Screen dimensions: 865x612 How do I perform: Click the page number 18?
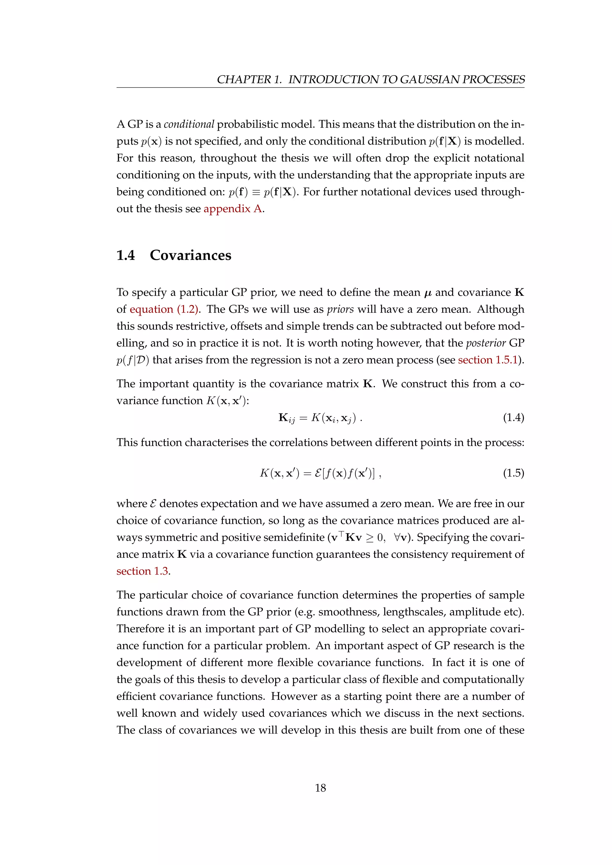(320, 788)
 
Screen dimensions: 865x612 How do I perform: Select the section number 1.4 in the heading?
(126, 255)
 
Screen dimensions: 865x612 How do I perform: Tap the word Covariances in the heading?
(190, 255)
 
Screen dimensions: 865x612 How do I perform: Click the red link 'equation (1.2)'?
(164, 309)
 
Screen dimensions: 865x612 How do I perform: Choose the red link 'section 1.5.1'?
(488, 360)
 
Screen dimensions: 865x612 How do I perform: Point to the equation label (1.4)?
(513, 418)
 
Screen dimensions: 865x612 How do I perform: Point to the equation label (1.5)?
(513, 473)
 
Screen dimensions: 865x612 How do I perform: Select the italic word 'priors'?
(340, 309)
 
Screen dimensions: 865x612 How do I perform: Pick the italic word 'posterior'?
(485, 343)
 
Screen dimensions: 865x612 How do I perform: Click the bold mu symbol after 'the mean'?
(428, 293)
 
